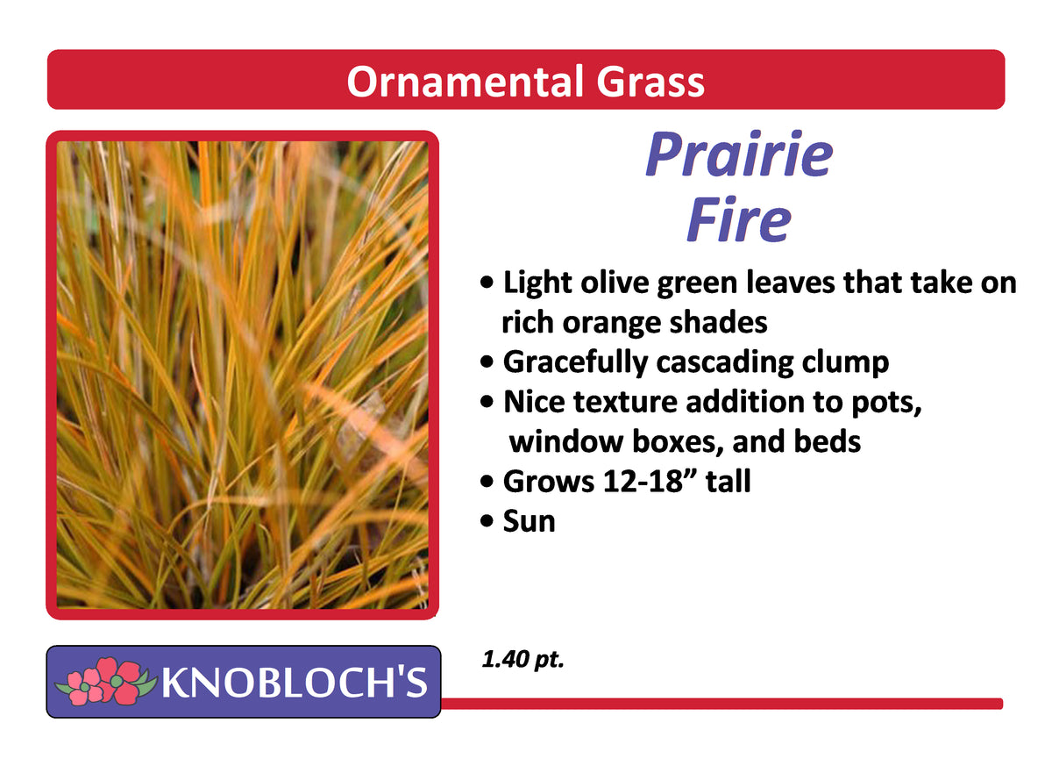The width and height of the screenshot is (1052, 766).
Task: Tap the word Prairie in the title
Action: tap(738, 154)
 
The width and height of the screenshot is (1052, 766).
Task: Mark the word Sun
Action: tap(529, 521)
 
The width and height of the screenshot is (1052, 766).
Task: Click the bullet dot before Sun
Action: tap(487, 522)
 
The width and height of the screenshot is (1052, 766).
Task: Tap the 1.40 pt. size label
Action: tap(522, 659)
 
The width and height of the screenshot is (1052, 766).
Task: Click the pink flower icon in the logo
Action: tap(98, 682)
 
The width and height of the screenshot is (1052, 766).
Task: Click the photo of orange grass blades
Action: tap(242, 375)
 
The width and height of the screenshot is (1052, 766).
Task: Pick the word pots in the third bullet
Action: tap(886, 402)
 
